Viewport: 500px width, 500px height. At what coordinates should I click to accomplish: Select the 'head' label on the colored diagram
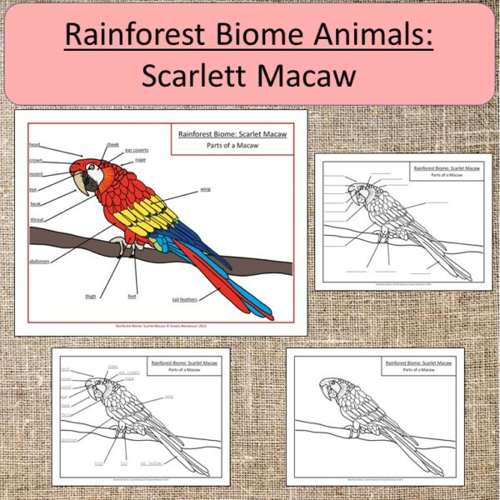tap(34, 143)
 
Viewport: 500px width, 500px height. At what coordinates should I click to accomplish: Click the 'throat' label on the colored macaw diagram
tap(37, 220)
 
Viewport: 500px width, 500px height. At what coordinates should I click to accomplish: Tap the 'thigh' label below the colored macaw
tap(91, 295)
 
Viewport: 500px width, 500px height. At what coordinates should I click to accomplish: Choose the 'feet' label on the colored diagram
tap(132, 296)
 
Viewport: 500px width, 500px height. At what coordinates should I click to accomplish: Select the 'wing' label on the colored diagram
tap(204, 189)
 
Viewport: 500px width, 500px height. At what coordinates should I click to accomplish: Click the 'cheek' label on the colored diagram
tap(113, 144)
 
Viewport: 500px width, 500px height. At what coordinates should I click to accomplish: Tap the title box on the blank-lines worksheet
tap(446, 172)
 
